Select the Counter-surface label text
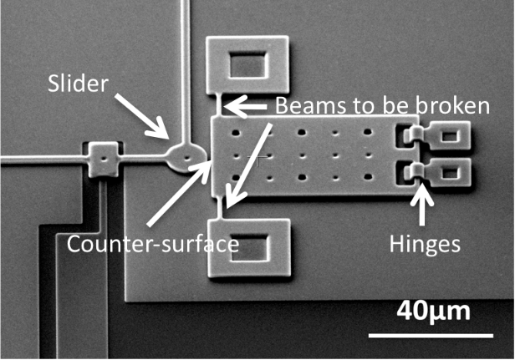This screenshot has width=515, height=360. click(152, 244)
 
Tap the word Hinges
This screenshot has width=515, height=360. click(424, 244)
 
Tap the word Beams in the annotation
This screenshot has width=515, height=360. click(299, 106)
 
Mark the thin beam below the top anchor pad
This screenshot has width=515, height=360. click(220, 105)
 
